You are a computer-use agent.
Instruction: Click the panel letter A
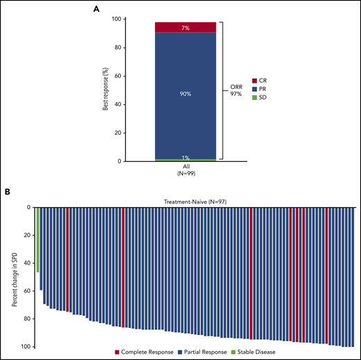point(96,8)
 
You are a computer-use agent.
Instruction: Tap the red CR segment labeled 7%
point(185,27)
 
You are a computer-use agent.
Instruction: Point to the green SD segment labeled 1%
point(185,159)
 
